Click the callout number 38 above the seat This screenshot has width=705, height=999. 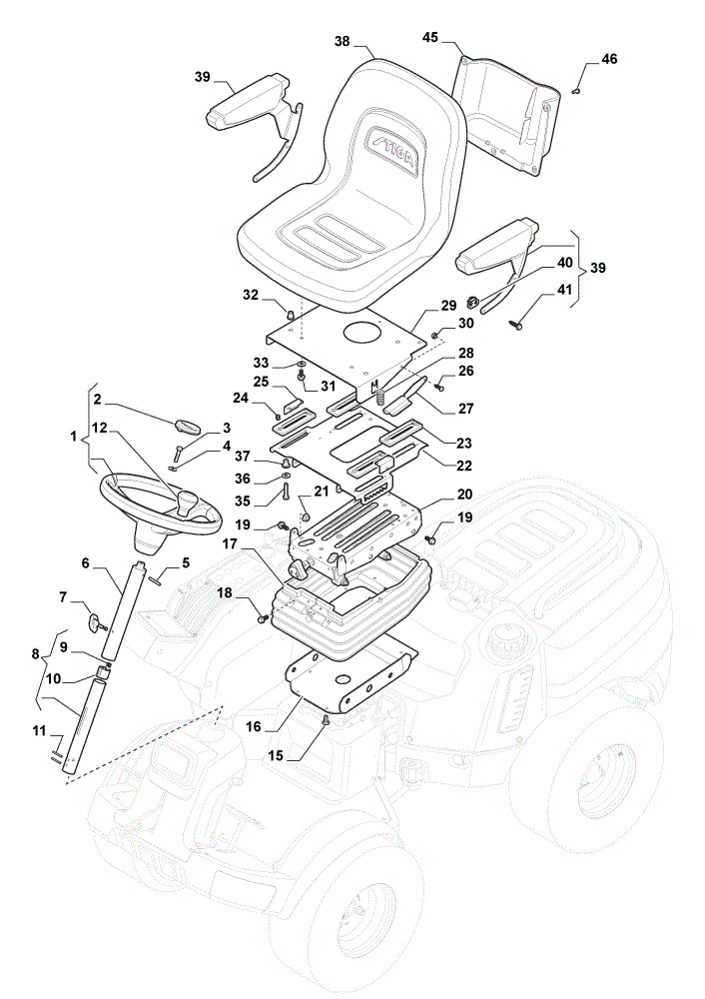point(343,41)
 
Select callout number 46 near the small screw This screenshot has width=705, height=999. point(609,59)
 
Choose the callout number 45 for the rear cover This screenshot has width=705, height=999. point(430,38)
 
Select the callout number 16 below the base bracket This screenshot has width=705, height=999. point(254,725)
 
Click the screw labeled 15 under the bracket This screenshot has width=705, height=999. point(327,720)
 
